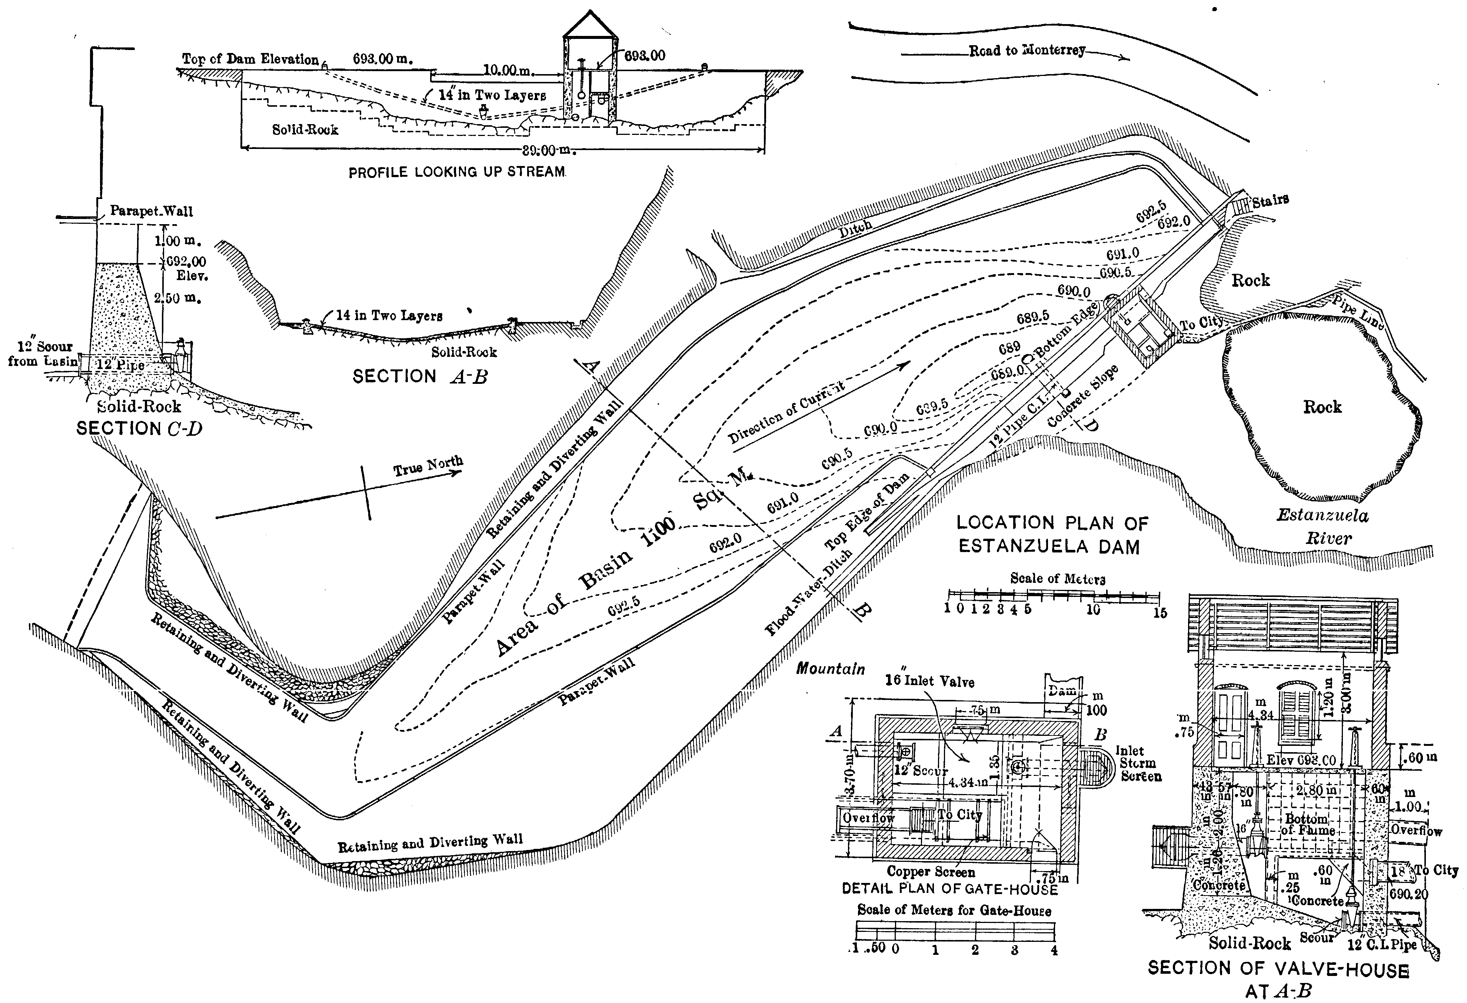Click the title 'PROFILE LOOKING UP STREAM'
457,172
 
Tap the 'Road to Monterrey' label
1027,50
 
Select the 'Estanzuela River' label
1323,527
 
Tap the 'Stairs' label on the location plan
1270,201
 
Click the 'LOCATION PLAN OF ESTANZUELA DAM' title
1052,534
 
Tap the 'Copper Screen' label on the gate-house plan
931,872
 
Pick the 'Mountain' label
830,668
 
